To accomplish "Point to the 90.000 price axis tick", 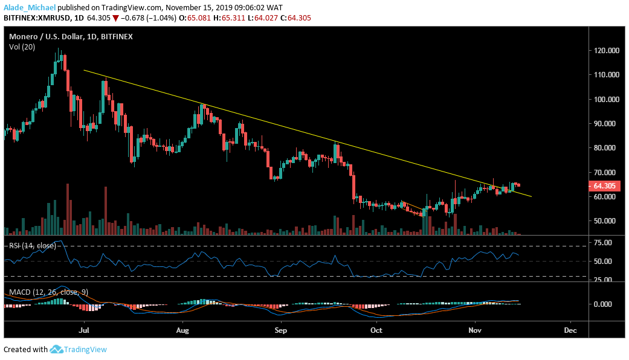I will coord(606,123).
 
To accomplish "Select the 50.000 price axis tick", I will coord(606,221).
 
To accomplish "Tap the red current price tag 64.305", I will coord(605,187).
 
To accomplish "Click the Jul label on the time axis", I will coord(85,331).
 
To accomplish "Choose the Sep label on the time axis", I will coord(279,331).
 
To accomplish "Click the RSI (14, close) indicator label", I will coord(30,245).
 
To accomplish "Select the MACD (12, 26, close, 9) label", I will coord(48,292).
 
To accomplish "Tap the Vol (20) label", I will coord(21,47).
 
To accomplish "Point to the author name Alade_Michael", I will coord(28,7).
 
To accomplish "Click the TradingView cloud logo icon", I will coord(57,349).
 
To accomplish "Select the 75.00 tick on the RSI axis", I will coord(602,243).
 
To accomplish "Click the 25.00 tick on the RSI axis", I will coord(602,280).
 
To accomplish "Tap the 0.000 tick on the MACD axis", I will coord(604,304).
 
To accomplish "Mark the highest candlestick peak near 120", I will coord(59,50).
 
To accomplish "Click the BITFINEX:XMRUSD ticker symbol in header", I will coord(34,18).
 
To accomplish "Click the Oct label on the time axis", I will coord(376,331).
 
